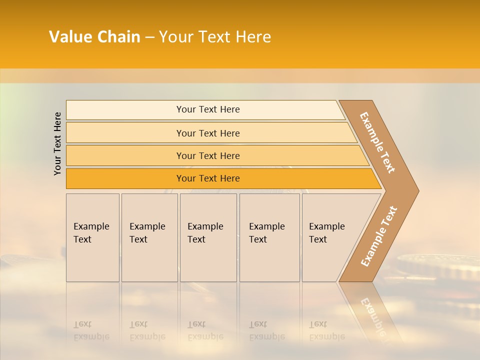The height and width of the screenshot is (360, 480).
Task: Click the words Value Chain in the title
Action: [x=94, y=37]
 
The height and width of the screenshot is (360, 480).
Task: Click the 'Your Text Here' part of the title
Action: [x=215, y=37]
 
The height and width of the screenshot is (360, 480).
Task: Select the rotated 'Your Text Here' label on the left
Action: [x=57, y=144]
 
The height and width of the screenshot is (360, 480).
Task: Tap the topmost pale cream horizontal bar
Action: [x=207, y=109]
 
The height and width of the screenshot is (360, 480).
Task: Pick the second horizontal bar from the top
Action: [x=207, y=133]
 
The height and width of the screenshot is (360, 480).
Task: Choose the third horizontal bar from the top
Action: [x=207, y=155]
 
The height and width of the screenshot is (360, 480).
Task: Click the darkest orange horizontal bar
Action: [x=207, y=178]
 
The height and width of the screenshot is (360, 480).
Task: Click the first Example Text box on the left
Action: [x=92, y=237]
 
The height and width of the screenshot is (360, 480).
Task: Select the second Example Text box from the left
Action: [x=149, y=237]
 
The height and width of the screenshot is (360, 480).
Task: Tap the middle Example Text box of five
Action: [x=208, y=237]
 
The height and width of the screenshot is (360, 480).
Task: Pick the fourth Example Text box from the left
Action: [x=269, y=237]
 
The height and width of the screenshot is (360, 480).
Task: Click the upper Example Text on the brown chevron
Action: [x=377, y=142]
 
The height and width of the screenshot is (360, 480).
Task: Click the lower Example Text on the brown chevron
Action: [x=379, y=236]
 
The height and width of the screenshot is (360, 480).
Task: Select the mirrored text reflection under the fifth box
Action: [x=326, y=330]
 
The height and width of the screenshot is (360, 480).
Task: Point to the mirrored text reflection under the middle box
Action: [x=205, y=330]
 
